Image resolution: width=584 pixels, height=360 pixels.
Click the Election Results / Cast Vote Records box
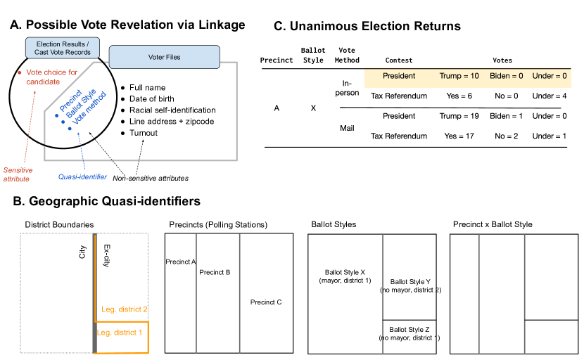point(63,48)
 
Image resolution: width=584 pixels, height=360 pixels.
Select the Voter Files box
point(164,57)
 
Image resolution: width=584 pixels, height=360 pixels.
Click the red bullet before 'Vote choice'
point(19,72)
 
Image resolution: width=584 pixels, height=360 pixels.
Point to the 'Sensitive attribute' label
point(18,174)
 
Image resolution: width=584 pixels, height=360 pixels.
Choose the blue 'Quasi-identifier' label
point(82,177)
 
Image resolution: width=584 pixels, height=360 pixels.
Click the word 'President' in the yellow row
point(399,76)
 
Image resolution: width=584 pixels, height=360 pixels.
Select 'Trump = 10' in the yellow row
point(459,76)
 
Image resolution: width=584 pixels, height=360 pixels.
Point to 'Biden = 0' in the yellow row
point(507,76)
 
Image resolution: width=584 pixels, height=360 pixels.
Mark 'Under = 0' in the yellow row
point(550,76)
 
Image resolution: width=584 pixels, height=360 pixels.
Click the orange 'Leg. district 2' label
point(124,309)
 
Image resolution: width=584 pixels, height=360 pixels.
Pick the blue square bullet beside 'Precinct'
point(56,115)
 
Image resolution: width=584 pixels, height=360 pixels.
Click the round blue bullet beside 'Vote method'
point(69,128)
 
